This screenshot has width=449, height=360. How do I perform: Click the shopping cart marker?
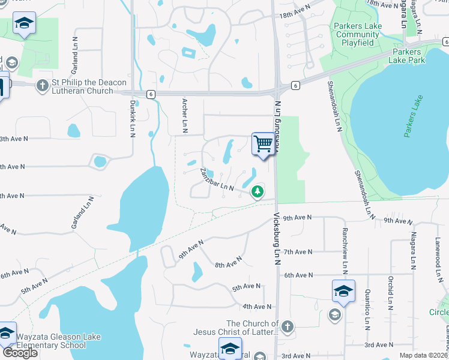(263, 144)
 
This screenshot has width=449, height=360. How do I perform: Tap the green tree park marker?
(258, 191)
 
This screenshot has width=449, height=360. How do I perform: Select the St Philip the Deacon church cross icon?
(42, 85)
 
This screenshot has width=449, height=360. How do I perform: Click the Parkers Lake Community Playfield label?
(358, 34)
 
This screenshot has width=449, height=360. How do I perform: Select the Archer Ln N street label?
(185, 116)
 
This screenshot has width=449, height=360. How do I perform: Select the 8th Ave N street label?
(228, 262)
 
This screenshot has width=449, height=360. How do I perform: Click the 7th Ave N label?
(298, 252)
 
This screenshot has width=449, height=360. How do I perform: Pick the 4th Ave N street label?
(257, 307)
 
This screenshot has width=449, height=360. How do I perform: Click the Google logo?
(20, 352)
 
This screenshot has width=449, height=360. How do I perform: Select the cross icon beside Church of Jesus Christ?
(288, 326)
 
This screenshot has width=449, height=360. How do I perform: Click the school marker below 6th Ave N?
(343, 291)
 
